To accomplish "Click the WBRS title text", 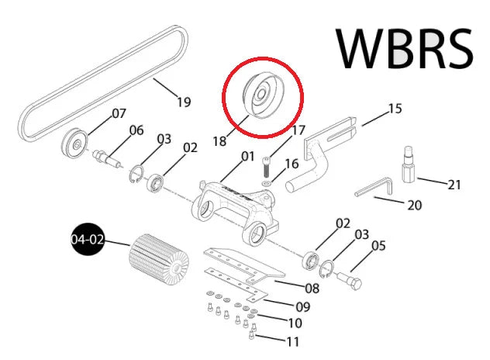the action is [x=405, y=48].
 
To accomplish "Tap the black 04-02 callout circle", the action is [x=88, y=239].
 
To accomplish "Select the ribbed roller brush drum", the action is [x=159, y=260].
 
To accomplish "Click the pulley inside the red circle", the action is [x=263, y=95].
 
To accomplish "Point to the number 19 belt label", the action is [x=184, y=102].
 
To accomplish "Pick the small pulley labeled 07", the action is [x=74, y=144].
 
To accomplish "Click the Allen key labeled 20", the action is [x=373, y=187].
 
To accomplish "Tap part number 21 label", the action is [x=454, y=185].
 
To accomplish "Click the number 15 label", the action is [x=395, y=109].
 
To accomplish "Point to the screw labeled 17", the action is [x=266, y=167].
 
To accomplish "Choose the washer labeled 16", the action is [x=266, y=182].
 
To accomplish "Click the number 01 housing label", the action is [x=248, y=156].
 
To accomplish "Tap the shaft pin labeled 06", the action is [x=107, y=158].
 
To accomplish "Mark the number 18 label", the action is [x=219, y=141].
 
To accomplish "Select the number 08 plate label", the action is [x=312, y=288].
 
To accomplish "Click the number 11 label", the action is [x=293, y=342].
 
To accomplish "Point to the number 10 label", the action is [x=295, y=323].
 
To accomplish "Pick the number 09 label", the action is [x=303, y=306].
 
